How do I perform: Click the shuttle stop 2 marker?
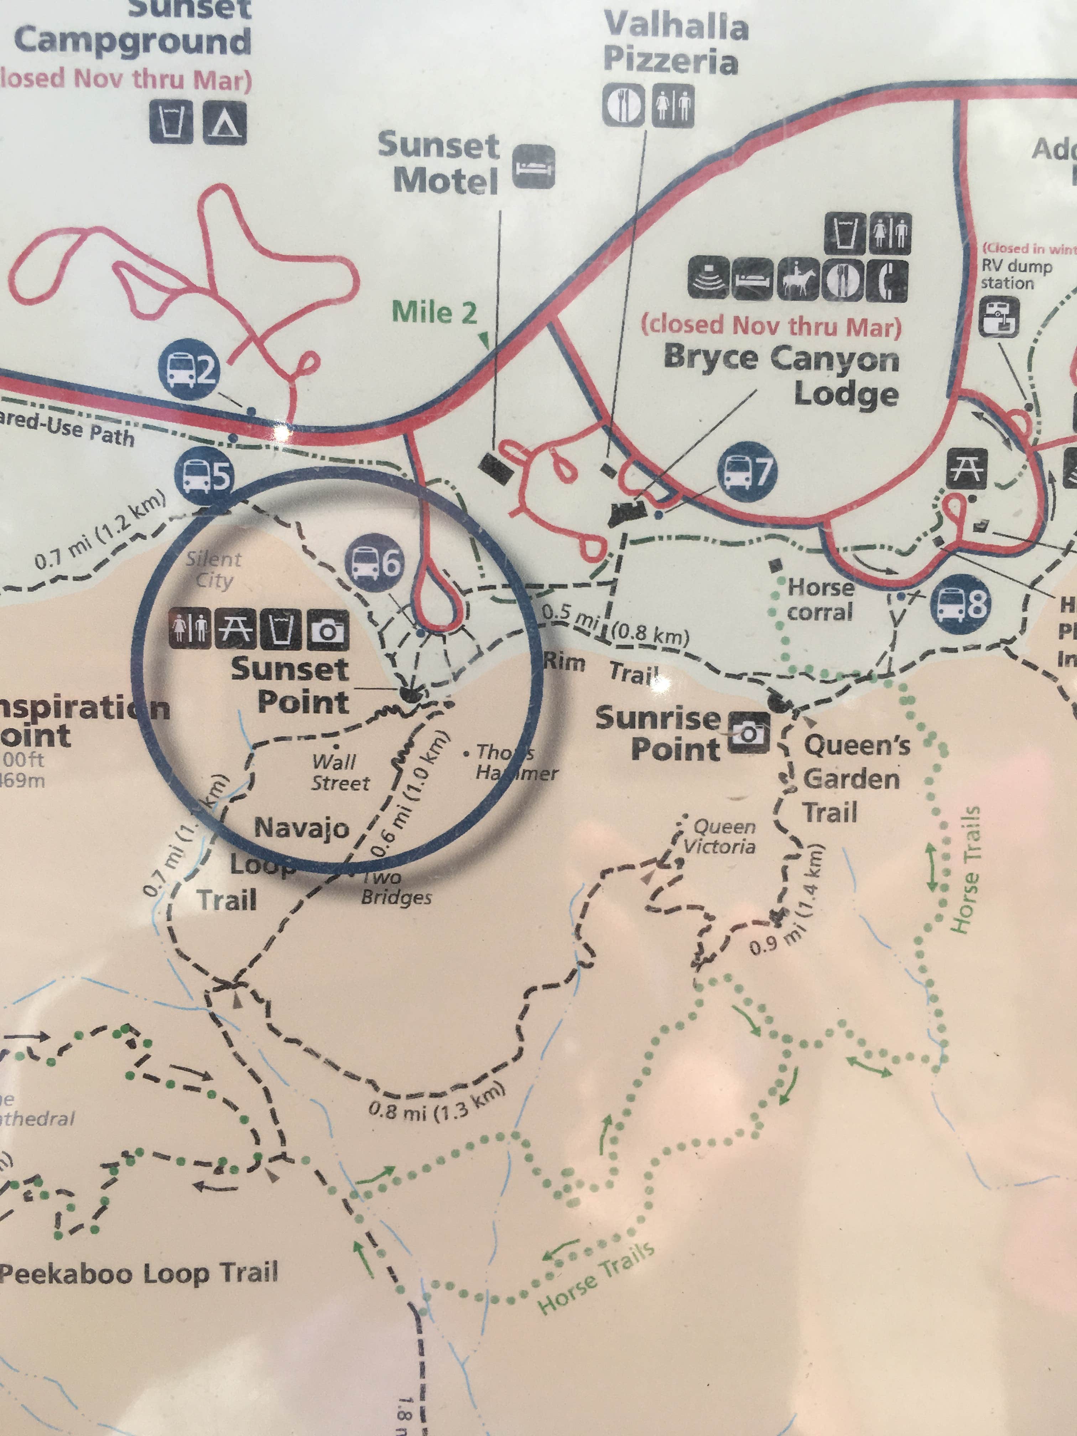[x=189, y=370]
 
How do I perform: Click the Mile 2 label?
[x=434, y=313]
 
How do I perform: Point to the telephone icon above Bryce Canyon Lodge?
[x=888, y=280]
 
